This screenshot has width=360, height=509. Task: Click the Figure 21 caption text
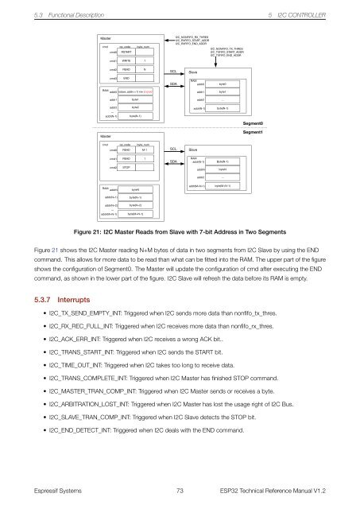point(180,231)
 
